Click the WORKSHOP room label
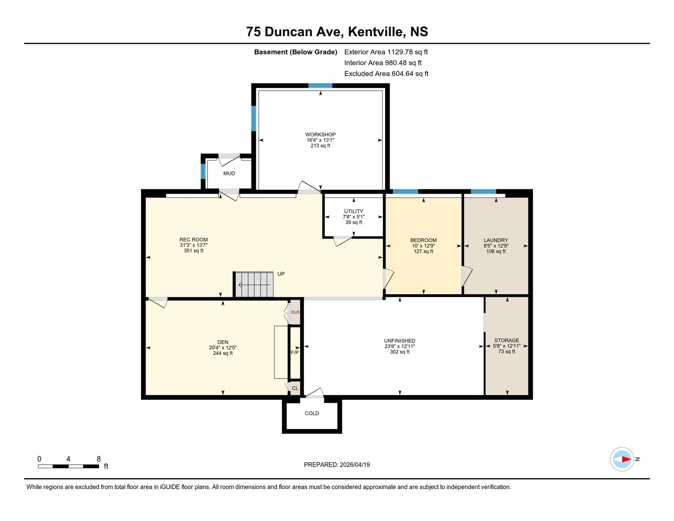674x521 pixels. (320, 135)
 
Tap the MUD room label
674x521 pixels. (229, 173)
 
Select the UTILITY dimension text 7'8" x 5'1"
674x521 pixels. (354, 217)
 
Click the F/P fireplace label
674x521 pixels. (295, 352)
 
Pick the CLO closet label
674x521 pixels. (295, 312)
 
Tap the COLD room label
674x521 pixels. (312, 413)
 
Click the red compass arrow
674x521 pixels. (626, 459)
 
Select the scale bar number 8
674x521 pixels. (99, 459)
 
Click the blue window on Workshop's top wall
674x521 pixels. (320, 85)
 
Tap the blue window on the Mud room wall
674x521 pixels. (203, 171)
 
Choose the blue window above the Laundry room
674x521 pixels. (483, 192)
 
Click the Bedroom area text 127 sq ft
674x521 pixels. (423, 251)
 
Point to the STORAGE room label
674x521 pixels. (507, 340)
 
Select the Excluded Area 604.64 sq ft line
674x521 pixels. (386, 74)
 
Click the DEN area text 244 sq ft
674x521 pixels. (222, 353)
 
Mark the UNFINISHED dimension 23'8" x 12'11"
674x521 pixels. (399, 346)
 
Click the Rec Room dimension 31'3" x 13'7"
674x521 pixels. (193, 245)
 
